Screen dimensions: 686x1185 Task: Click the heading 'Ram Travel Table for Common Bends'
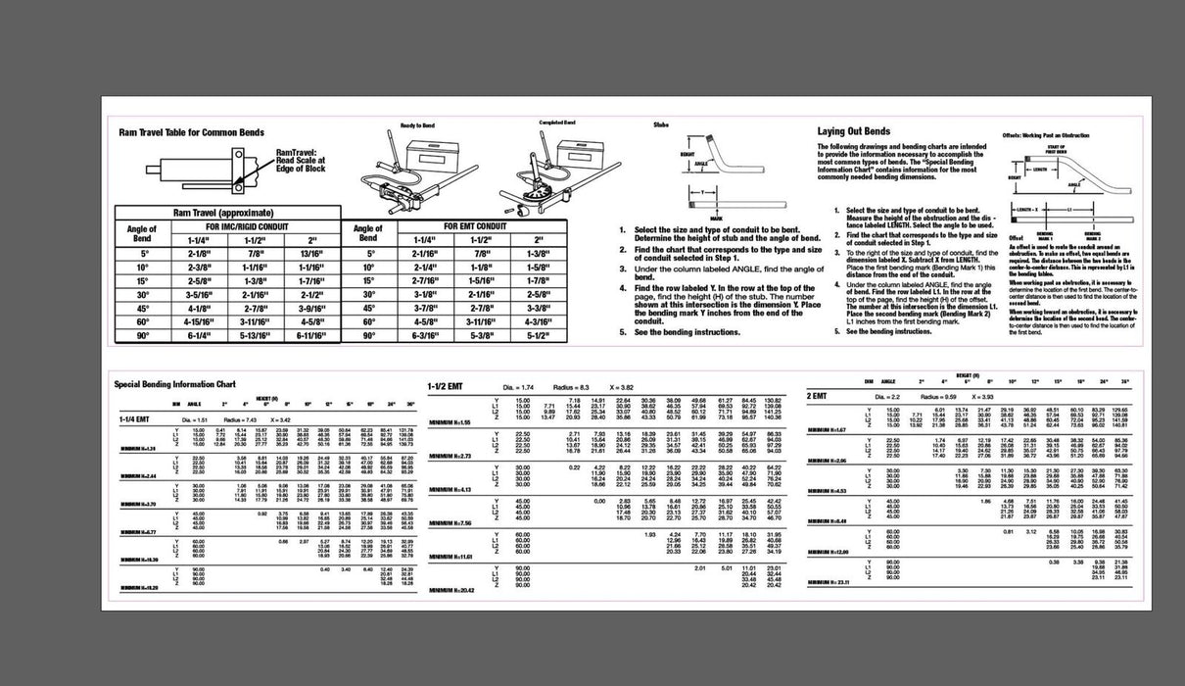pyautogui.click(x=191, y=131)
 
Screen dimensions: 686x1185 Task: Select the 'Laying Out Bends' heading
pyautogui.click(x=854, y=131)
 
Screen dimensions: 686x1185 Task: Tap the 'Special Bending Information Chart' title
pyautogui.click(x=175, y=384)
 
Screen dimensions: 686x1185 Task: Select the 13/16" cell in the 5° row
pyautogui.click(x=312, y=252)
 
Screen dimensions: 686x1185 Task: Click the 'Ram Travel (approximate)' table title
pyautogui.click(x=222, y=212)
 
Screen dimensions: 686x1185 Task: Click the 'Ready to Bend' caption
pyautogui.click(x=417, y=126)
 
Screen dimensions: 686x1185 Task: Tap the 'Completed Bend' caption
pyautogui.click(x=556, y=122)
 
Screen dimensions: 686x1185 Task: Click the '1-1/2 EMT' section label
pyautogui.click(x=450, y=387)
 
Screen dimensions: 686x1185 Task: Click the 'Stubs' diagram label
pyautogui.click(x=660, y=124)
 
